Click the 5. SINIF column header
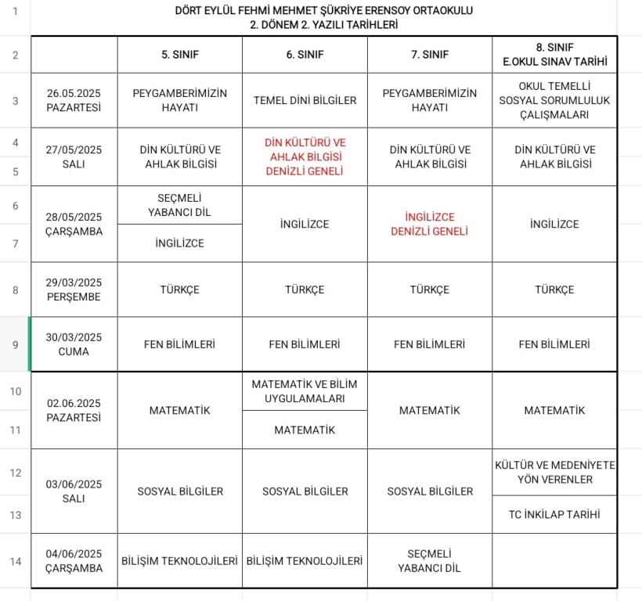click(179, 55)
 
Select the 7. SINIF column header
click(429, 55)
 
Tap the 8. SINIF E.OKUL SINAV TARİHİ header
click(554, 54)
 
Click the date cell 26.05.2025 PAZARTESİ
click(74, 100)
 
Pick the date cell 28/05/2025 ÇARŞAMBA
click(74, 224)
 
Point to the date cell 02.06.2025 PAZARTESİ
click(74, 410)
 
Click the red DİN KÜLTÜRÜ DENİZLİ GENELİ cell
click(305, 157)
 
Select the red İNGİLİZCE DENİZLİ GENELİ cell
click(429, 224)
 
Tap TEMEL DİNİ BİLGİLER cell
click(305, 100)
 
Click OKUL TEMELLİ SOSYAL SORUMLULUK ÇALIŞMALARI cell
click(554, 100)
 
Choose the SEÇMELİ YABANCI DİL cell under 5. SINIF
click(179, 205)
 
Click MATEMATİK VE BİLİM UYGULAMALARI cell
click(305, 390)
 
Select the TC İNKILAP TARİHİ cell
click(554, 514)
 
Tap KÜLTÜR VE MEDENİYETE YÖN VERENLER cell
click(554, 472)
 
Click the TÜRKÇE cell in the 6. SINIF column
click(305, 290)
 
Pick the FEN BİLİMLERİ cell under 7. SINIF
click(429, 344)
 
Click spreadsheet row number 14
click(16, 561)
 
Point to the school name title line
click(323, 10)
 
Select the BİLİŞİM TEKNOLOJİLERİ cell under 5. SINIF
click(179, 561)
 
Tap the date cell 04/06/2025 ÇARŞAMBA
click(74, 561)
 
